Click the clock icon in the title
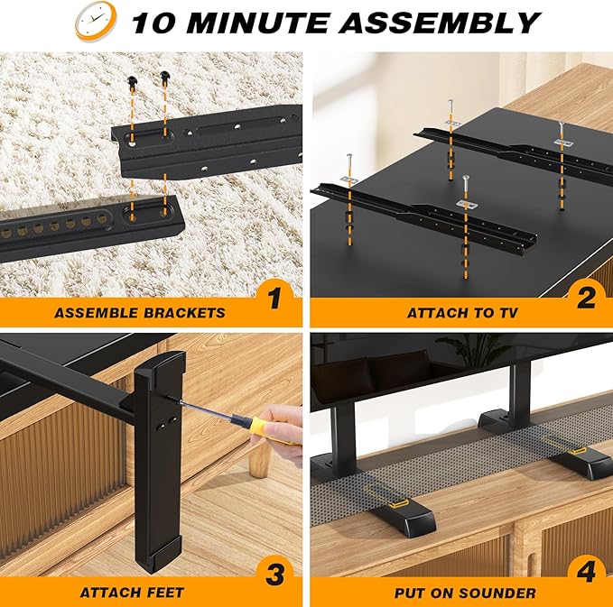(93, 21)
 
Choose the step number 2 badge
(586, 296)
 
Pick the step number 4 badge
(586, 575)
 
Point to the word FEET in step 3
(164, 593)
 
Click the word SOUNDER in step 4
(500, 593)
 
